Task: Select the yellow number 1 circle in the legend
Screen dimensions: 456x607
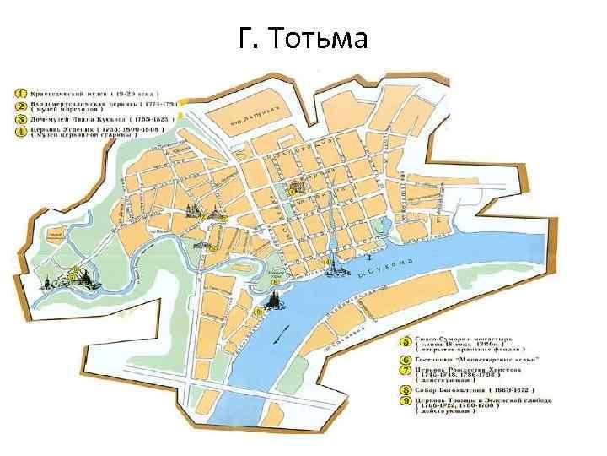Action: tap(18, 90)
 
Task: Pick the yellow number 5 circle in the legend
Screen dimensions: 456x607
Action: tap(405, 343)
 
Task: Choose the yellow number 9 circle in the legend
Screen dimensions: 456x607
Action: tap(405, 403)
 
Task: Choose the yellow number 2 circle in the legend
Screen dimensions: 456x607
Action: tap(18, 106)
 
